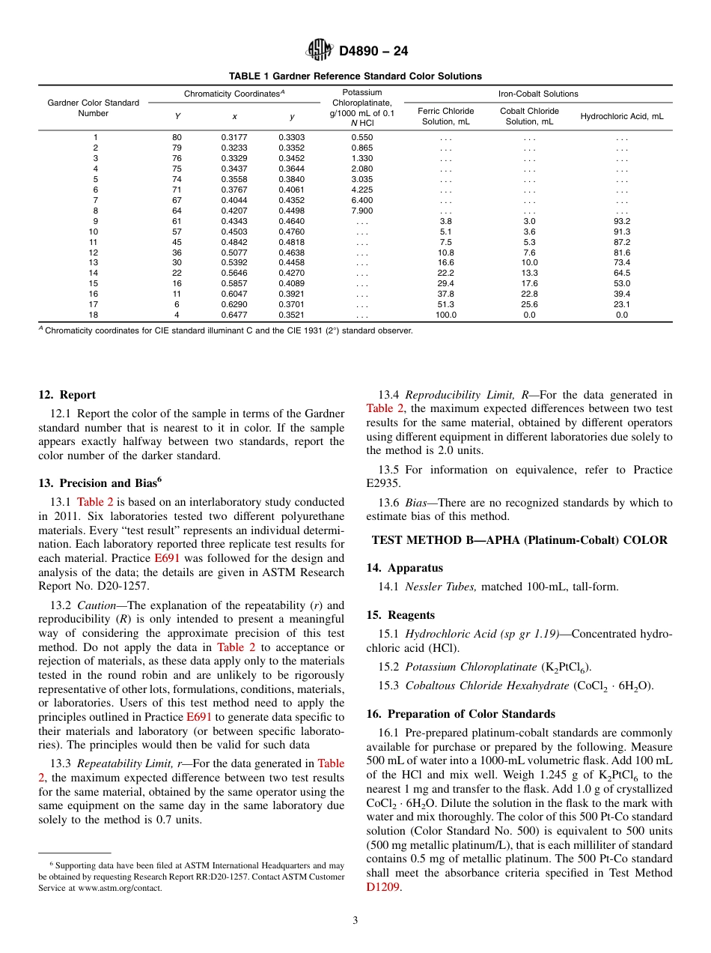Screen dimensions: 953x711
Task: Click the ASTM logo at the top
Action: click(x=320, y=51)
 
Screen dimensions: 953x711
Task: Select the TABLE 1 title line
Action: click(x=355, y=76)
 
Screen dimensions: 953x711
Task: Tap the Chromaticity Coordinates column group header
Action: click(x=234, y=94)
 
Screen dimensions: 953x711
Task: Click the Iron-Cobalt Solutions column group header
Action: click(x=538, y=94)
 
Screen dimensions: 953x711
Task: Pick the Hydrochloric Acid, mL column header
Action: click(x=622, y=116)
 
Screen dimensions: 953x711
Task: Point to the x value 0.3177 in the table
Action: click(x=234, y=138)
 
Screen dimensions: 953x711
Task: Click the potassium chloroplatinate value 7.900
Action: click(x=362, y=211)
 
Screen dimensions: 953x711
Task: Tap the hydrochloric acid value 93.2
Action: click(x=622, y=222)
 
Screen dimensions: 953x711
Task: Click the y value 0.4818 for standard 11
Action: click(x=291, y=243)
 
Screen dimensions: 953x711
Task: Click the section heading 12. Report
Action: click(x=67, y=395)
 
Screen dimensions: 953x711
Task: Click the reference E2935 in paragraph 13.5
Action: click(x=384, y=484)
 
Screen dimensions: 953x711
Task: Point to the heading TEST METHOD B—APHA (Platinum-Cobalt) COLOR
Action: click(x=519, y=539)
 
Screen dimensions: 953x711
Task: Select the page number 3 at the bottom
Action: click(x=355, y=921)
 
